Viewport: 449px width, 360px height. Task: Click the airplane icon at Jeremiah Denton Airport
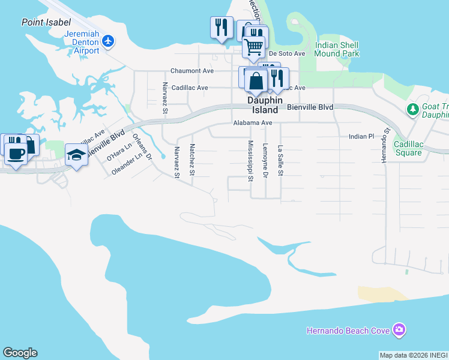point(108,41)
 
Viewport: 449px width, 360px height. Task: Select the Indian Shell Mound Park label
point(337,49)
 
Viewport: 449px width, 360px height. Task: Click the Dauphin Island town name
point(263,106)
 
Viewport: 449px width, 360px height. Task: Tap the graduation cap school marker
point(76,155)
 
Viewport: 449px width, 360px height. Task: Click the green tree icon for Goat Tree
point(412,109)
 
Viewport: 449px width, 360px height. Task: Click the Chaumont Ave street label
point(192,71)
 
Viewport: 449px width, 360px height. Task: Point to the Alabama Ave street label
point(253,122)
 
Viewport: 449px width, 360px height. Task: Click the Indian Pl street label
point(361,137)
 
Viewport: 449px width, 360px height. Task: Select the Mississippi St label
point(250,160)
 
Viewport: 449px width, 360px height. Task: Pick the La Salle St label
point(280,160)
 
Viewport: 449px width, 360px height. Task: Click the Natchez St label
point(192,160)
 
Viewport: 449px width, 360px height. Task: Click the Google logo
point(20,353)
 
